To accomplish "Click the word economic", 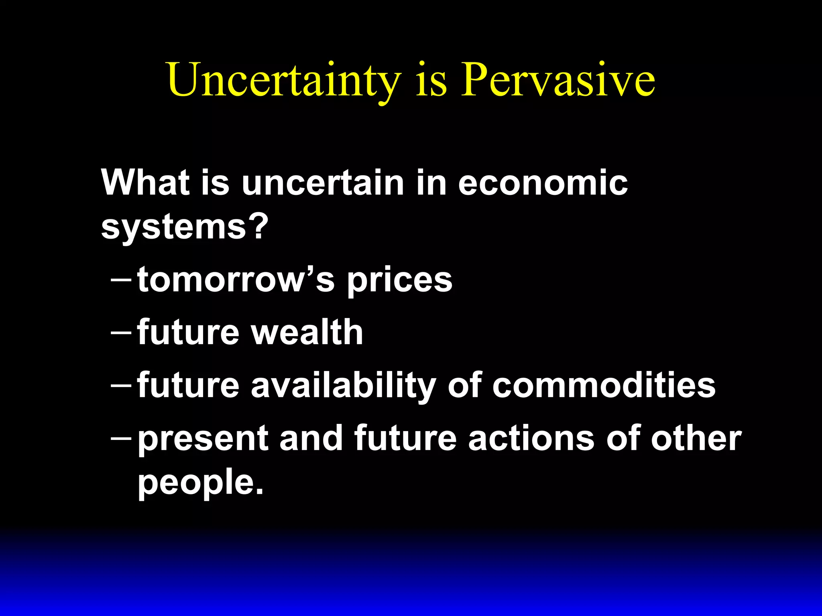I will [x=543, y=183].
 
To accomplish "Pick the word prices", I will [x=399, y=281].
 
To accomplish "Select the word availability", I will [x=343, y=386].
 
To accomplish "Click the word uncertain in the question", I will [x=323, y=183].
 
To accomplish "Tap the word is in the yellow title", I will [x=431, y=80].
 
